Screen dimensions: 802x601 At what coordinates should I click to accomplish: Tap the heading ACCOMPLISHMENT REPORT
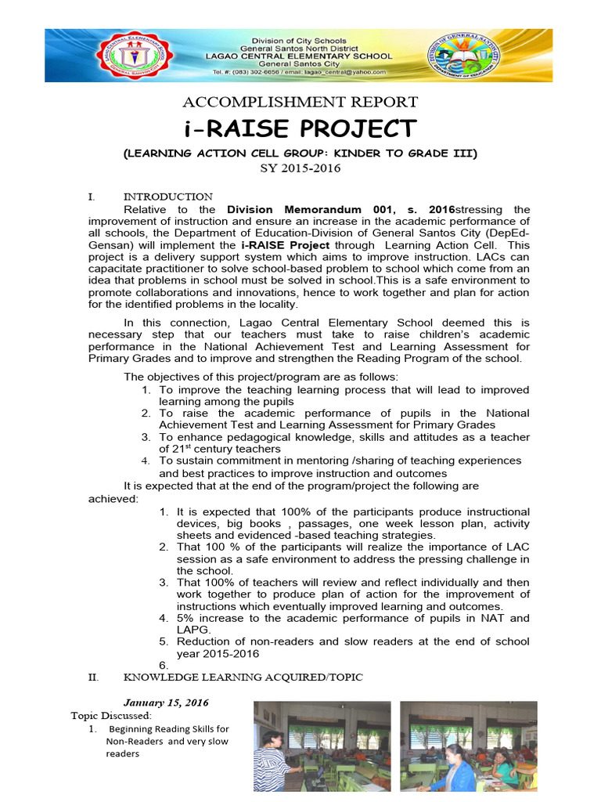pyautogui.click(x=300, y=103)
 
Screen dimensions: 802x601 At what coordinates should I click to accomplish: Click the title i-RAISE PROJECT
pyautogui.click(x=300, y=128)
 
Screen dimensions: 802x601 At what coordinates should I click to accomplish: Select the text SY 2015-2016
pyautogui.click(x=300, y=168)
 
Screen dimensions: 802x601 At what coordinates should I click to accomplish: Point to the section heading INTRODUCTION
pyautogui.click(x=168, y=197)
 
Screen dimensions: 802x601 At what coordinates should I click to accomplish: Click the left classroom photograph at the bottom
pyautogui.click(x=322, y=746)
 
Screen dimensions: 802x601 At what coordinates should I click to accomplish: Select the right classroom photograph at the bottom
pyautogui.click(x=468, y=746)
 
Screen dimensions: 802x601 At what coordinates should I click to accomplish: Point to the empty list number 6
pyautogui.click(x=164, y=666)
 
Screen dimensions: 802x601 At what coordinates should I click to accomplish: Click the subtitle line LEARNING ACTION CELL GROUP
pyautogui.click(x=300, y=154)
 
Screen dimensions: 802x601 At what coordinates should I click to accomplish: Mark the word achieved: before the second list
pyautogui.click(x=113, y=499)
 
